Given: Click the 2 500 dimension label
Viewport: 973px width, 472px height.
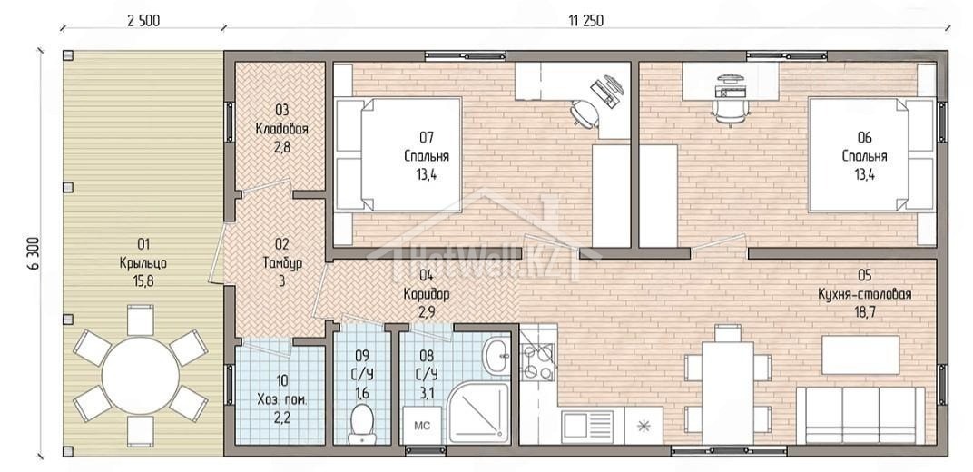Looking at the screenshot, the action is point(143,21).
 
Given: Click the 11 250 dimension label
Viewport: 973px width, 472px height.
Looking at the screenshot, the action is point(585,21).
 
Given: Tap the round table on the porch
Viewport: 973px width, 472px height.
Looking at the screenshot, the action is point(141,375).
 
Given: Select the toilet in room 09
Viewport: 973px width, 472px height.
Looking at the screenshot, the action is point(361,423).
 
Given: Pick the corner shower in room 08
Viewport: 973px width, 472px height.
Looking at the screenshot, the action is point(479,412).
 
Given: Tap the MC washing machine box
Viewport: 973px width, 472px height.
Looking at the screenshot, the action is point(422,426).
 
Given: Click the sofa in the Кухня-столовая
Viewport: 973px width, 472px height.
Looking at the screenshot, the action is point(860,415).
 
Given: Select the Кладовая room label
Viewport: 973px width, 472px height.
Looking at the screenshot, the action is point(281,129).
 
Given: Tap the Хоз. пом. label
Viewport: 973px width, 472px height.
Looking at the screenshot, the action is point(281,398).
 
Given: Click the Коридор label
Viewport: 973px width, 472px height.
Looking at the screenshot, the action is point(426,293).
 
